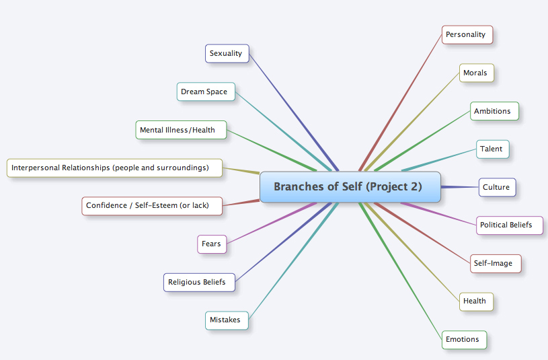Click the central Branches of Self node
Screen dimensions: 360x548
click(x=350, y=187)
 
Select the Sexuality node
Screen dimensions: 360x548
click(x=227, y=54)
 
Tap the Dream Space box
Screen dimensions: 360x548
click(x=206, y=92)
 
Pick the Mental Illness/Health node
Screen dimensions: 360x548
click(x=182, y=130)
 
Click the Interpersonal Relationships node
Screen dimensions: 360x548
click(x=114, y=168)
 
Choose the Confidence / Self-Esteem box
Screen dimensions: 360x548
click(x=152, y=206)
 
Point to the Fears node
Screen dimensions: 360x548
click(x=212, y=244)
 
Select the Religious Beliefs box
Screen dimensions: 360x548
click(x=199, y=282)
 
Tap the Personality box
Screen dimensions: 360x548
click(x=467, y=34)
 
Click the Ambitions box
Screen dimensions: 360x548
click(x=494, y=111)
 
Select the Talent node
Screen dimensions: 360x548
click(x=493, y=149)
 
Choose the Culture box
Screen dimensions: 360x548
click(x=497, y=187)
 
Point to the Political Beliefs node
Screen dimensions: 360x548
click(x=510, y=225)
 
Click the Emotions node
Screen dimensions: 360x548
click(x=464, y=339)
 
